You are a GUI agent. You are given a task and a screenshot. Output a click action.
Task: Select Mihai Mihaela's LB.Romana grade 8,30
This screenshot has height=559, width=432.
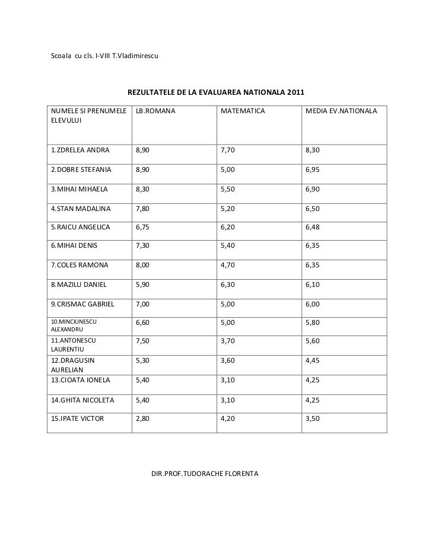(x=142, y=190)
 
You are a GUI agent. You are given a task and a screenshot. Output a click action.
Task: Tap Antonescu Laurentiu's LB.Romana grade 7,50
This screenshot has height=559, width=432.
(x=142, y=343)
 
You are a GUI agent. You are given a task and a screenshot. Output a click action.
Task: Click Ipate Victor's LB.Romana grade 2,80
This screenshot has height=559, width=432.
(x=142, y=419)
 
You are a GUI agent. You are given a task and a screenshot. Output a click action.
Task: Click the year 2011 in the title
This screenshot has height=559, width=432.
(x=293, y=93)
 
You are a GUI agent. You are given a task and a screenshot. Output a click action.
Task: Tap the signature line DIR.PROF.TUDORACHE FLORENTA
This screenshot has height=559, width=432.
(x=205, y=475)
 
